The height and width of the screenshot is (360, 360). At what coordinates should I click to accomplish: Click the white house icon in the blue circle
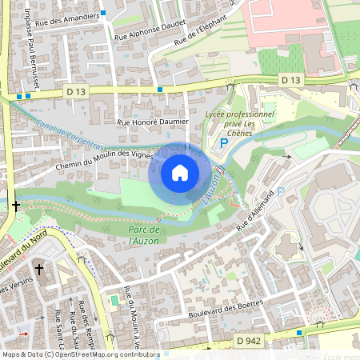180,172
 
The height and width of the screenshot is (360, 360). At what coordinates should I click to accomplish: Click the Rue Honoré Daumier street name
153,122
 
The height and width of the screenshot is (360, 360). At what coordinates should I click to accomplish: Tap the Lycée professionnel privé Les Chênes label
246,123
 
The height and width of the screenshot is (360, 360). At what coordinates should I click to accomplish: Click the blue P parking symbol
224,143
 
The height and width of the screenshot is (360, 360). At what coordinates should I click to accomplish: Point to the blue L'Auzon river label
212,189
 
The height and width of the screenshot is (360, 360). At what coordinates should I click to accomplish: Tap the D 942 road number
249,341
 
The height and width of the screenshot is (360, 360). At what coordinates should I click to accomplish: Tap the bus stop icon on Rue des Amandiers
103,14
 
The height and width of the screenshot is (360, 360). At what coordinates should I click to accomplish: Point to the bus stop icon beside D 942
299,332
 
